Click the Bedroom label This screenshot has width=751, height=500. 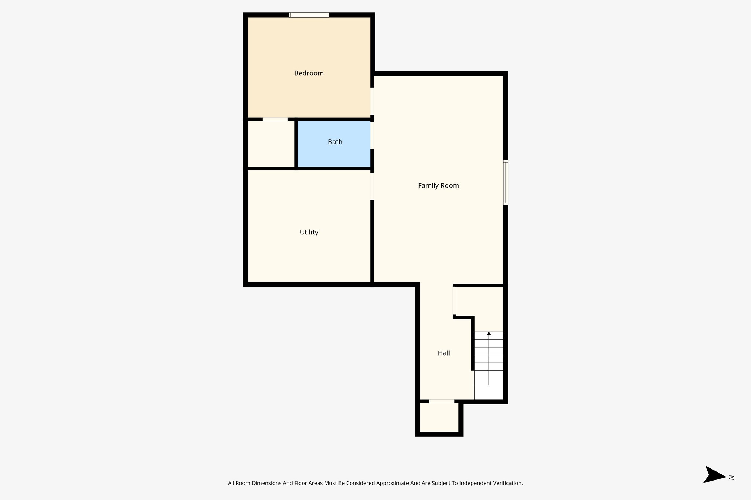[309, 73]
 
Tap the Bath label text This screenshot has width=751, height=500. [335, 142]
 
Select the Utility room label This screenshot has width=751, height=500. [309, 232]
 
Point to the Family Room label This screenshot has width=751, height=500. [438, 186]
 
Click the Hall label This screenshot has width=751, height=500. [443, 353]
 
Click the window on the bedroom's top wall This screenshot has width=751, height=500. [308, 15]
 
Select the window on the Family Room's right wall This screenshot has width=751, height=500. [505, 182]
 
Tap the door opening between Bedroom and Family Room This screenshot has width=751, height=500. [372, 101]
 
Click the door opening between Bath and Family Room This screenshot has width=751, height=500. [372, 136]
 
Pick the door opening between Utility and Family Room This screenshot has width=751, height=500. [372, 186]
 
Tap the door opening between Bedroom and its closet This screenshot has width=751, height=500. [275, 119]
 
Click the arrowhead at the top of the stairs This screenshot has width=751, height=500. [488, 333]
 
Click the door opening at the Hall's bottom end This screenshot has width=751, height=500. [442, 401]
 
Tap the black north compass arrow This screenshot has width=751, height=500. [713, 475]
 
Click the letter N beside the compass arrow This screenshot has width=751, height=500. [731, 477]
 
